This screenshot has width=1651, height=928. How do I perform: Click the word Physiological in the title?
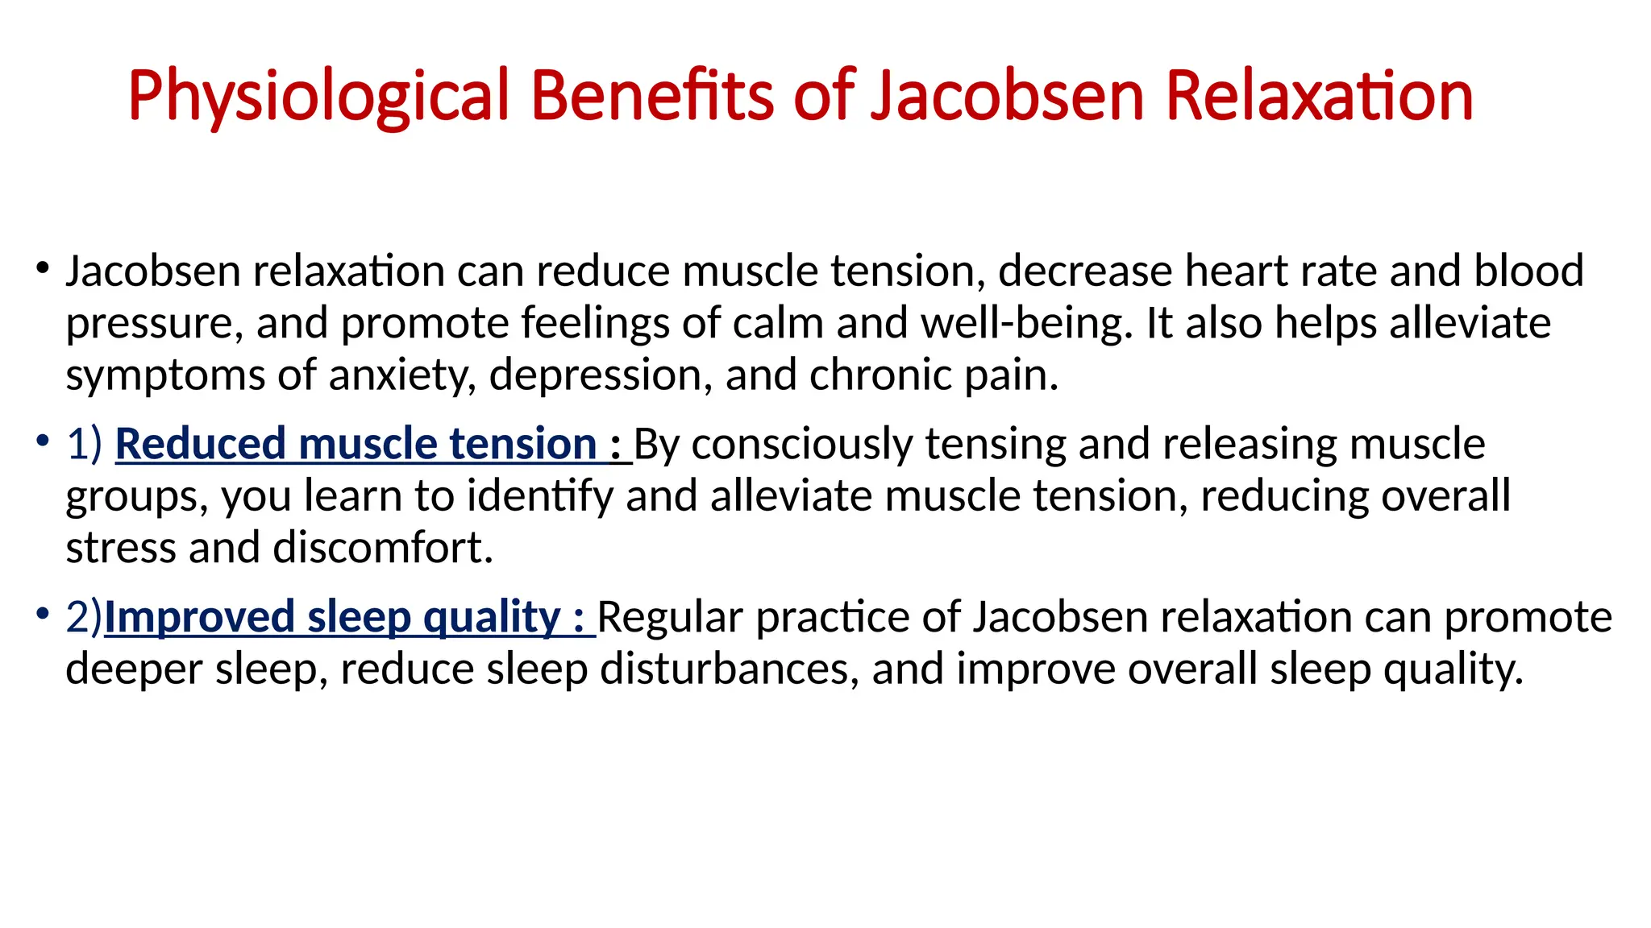319,97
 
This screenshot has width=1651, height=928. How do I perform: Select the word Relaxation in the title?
1319,97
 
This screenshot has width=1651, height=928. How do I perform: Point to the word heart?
1229,271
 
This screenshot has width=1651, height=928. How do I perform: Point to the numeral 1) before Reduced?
85,445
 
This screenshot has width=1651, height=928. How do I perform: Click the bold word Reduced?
201,445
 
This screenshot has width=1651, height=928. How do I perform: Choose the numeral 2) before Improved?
85,618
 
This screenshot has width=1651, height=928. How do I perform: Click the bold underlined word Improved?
199,618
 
